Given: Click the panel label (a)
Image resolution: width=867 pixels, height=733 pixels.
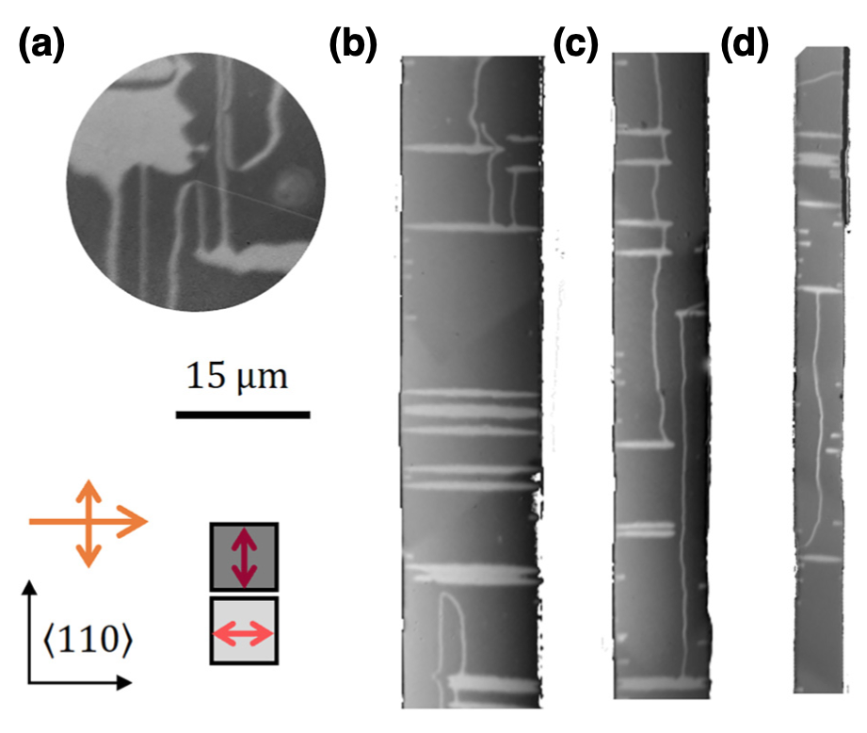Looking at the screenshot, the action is click(41, 45).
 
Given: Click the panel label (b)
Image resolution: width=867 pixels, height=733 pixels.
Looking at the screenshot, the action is click(353, 45).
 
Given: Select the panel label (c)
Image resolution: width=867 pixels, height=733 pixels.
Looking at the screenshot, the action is click(575, 45).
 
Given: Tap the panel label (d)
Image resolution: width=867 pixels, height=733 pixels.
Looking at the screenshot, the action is click(745, 45).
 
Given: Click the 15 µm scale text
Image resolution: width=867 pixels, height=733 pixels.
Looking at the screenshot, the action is click(237, 377).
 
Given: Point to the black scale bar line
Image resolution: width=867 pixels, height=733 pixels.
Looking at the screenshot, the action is click(243, 415).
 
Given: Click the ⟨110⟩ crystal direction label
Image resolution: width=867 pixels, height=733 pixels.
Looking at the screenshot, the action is click(88, 640).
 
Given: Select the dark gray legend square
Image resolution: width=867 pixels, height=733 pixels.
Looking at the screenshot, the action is click(244, 557).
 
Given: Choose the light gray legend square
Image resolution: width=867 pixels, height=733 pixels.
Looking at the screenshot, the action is click(244, 630).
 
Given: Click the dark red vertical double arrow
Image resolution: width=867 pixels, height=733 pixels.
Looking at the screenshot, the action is click(244, 557).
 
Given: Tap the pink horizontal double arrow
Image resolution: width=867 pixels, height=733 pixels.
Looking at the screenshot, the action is click(243, 633).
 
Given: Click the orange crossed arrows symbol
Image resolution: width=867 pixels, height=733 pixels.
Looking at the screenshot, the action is click(88, 522).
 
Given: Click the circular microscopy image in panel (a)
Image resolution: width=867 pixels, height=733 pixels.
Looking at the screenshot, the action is click(196, 182).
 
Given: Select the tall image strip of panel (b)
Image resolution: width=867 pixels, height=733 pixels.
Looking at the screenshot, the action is click(471, 382).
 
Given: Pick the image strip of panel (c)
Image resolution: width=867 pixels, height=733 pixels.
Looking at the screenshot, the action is click(661, 376).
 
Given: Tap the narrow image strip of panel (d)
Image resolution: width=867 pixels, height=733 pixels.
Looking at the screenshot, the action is click(821, 369).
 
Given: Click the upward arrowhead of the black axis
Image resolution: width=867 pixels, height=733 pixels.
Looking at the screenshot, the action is click(29, 588).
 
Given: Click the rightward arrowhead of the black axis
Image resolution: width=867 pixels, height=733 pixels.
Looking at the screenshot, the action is click(124, 683).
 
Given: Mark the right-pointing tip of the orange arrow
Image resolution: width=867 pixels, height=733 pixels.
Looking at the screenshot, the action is click(148, 521).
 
